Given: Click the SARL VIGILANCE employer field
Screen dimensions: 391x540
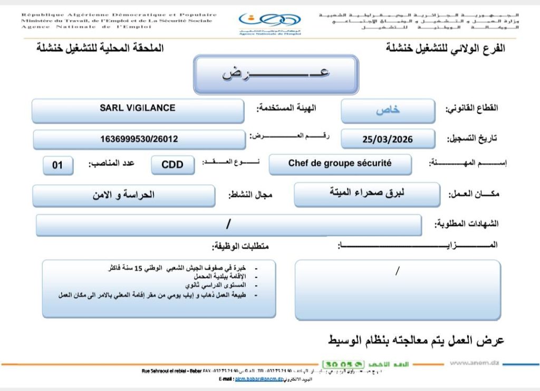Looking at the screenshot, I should click(x=138, y=108).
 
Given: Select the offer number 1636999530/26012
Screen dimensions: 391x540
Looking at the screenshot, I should click(x=139, y=139).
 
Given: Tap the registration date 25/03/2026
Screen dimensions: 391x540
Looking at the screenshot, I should click(x=388, y=139).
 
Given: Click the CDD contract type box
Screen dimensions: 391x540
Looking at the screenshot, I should click(x=172, y=165).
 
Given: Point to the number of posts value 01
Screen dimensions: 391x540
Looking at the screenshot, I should click(x=57, y=165).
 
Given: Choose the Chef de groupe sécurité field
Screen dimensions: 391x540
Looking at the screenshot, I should click(x=340, y=163).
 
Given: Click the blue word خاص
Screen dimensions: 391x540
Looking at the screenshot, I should click(x=388, y=110).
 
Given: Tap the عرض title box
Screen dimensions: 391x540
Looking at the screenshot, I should click(x=276, y=74).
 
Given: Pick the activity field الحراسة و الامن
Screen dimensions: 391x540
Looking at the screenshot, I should click(x=123, y=194).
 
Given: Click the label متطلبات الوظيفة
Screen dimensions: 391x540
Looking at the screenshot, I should click(x=244, y=246).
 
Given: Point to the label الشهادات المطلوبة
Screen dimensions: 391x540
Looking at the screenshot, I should click(x=466, y=224).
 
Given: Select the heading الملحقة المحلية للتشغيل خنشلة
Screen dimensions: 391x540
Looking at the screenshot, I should click(x=100, y=48).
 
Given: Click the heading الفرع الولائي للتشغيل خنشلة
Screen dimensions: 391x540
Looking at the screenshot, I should click(x=445, y=48).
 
